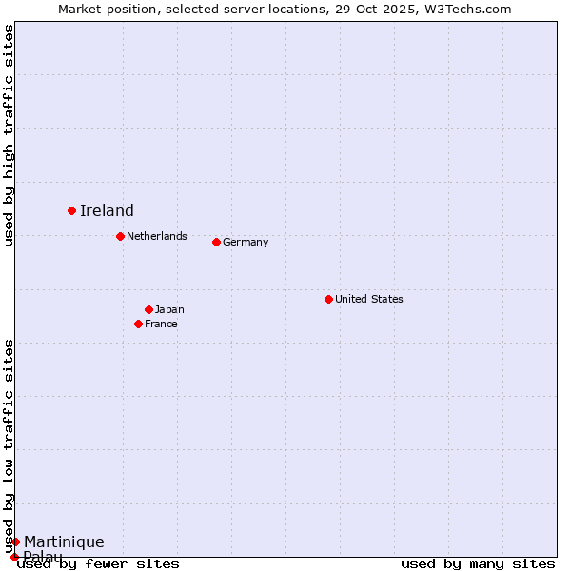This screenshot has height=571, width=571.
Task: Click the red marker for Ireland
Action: point(71,210)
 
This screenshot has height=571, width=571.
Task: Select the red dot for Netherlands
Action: point(120,236)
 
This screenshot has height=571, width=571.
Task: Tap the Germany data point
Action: point(216,242)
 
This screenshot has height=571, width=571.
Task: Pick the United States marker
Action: point(328,299)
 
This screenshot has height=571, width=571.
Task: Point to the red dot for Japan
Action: point(148,309)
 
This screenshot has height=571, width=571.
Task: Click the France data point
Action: point(138,324)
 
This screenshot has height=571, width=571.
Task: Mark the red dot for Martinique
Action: point(15,541)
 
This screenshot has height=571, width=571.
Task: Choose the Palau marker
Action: point(14,557)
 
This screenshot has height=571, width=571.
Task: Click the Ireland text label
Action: point(107,211)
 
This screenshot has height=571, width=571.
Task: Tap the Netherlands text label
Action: point(157,236)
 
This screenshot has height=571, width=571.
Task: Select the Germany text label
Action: point(246,242)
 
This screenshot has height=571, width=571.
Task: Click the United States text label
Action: point(369,299)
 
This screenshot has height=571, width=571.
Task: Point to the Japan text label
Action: point(169,309)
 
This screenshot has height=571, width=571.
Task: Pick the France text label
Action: point(161,324)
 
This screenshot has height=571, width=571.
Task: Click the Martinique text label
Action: point(64,542)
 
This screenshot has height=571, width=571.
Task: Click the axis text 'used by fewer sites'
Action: point(99,563)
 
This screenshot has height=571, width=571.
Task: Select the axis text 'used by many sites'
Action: point(478,563)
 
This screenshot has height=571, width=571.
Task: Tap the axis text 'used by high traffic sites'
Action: point(9,135)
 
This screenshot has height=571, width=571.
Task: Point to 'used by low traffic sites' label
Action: point(9,445)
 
